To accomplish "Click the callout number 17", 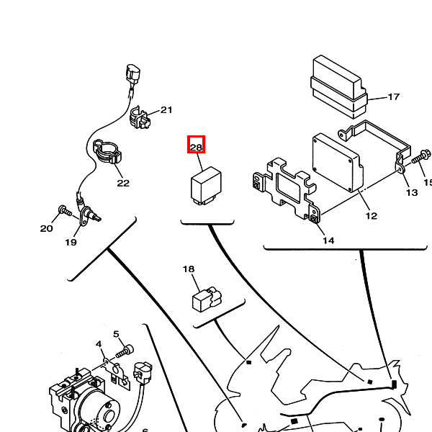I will [x=393, y=97].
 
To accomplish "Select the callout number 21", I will [x=166, y=110].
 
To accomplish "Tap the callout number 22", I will [x=123, y=183].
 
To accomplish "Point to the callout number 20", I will [x=47, y=229].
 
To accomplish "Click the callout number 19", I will [x=71, y=242].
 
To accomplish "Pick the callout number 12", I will [x=371, y=215].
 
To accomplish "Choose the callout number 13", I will [x=411, y=192].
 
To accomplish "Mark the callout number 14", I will [x=328, y=240].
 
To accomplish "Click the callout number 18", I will [x=189, y=270].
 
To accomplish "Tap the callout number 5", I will [x=115, y=334].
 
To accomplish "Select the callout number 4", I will [x=99, y=345].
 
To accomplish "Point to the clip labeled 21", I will [x=140, y=118].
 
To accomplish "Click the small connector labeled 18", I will [x=204, y=298].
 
